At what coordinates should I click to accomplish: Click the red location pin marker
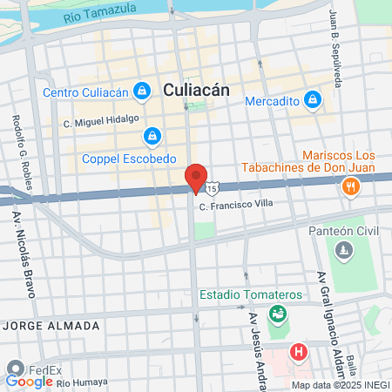click(196, 177)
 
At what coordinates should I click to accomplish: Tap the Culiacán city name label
click(196, 89)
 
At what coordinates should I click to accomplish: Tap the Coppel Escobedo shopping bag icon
click(153, 136)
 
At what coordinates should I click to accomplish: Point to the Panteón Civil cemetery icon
click(346, 251)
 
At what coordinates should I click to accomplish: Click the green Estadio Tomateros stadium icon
click(278, 314)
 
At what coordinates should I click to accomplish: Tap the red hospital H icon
click(299, 353)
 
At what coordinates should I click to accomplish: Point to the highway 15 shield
click(212, 187)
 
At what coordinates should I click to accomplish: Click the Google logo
click(29, 381)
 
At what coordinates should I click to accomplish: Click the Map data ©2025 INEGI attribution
click(340, 385)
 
